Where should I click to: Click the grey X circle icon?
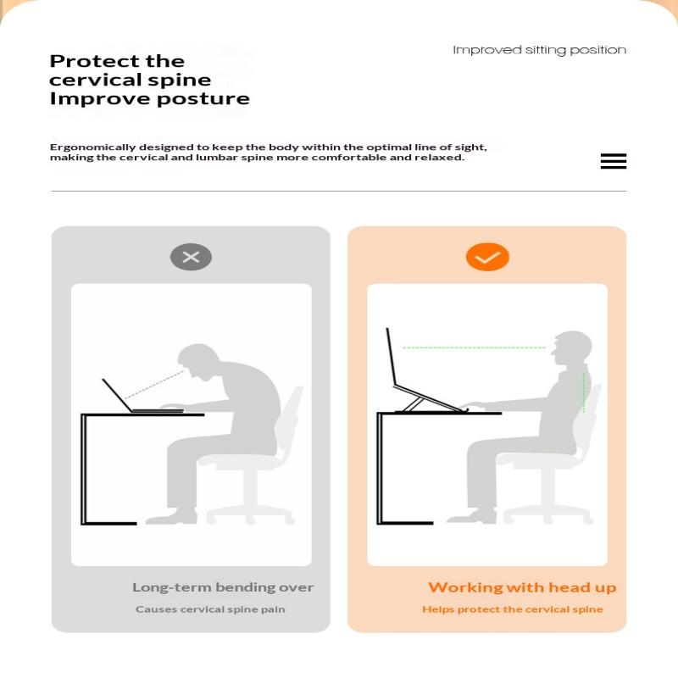pyautogui.click(x=191, y=258)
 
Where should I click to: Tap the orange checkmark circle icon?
pyautogui.click(x=487, y=258)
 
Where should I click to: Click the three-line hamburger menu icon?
pyautogui.click(x=613, y=161)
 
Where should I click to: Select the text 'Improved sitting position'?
pyautogui.click(x=539, y=50)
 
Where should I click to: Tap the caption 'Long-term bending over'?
pyautogui.click(x=223, y=587)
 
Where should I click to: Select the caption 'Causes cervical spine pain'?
pyautogui.click(x=210, y=609)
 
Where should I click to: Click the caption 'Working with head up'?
pyautogui.click(x=522, y=587)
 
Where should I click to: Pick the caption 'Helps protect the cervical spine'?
pyautogui.click(x=513, y=609)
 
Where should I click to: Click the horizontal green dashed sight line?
pyautogui.click(x=474, y=347)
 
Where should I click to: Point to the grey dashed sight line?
pyautogui.click(x=154, y=384)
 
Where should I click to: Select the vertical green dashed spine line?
pyautogui.click(x=584, y=392)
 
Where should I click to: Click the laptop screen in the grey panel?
pyautogui.click(x=117, y=395)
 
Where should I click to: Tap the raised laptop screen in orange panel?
pyautogui.click(x=392, y=356)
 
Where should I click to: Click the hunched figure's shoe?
pyautogui.click(x=172, y=517)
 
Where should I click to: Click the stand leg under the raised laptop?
pyautogui.click(x=413, y=404)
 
